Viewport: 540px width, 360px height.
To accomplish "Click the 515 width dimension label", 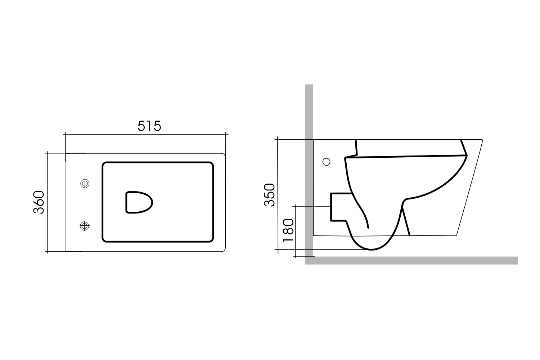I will pos(149,126).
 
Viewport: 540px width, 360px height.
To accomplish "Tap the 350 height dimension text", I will pos(270,195).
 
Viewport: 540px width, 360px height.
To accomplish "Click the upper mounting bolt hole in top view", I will pos(85,184).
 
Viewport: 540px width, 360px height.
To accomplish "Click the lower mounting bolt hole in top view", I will pos(85,226).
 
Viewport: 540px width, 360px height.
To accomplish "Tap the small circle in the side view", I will pos(327,162).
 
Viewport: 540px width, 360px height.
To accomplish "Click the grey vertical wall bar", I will pos(309,169).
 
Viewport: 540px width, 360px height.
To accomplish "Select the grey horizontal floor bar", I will pos(410,260).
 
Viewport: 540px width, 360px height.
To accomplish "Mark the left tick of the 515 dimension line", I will pos(65,135).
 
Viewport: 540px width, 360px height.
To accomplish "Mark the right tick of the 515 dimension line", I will pos(226,135).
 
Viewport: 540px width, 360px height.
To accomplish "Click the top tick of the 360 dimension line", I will pos(48,153).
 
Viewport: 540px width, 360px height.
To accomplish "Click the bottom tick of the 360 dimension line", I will pos(48,251).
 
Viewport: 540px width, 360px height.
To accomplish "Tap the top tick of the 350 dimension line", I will pos(278,139).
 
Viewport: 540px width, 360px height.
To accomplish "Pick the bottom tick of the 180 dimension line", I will pos(295,256).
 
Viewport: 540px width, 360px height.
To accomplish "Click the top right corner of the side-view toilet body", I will pos(482,140).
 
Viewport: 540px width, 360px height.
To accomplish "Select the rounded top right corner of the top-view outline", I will pos(224,155).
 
